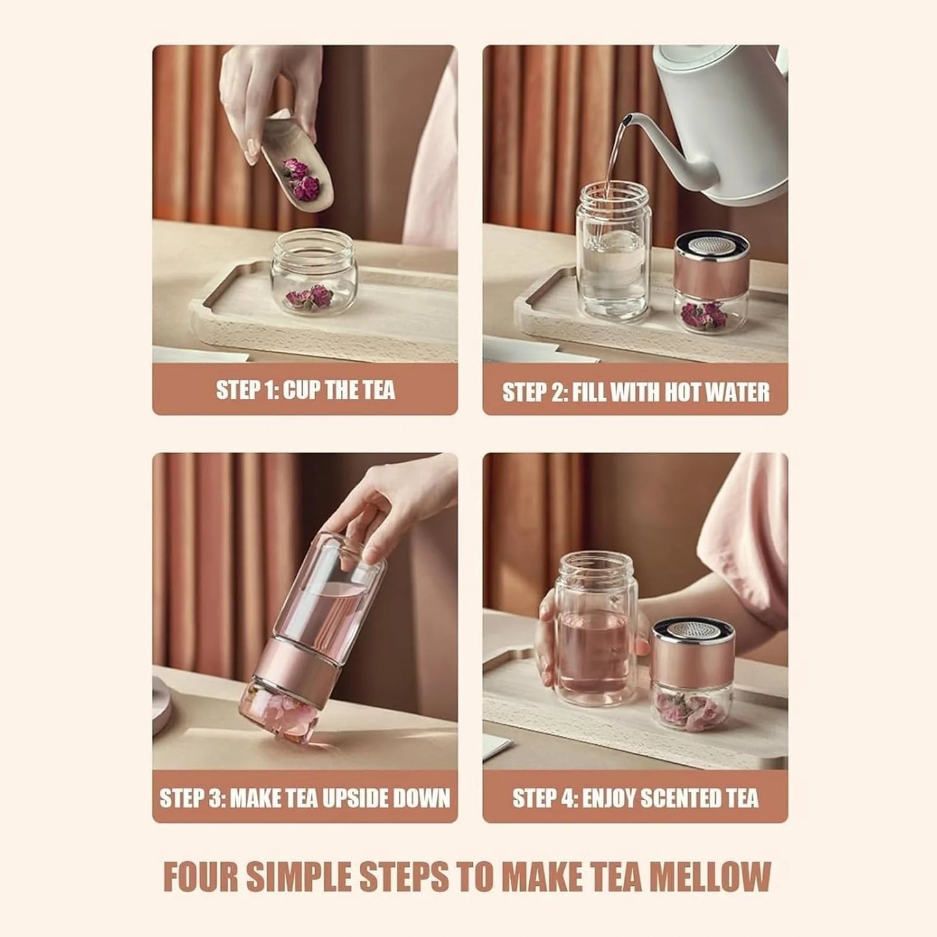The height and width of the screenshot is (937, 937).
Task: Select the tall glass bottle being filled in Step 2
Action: tap(612, 253)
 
